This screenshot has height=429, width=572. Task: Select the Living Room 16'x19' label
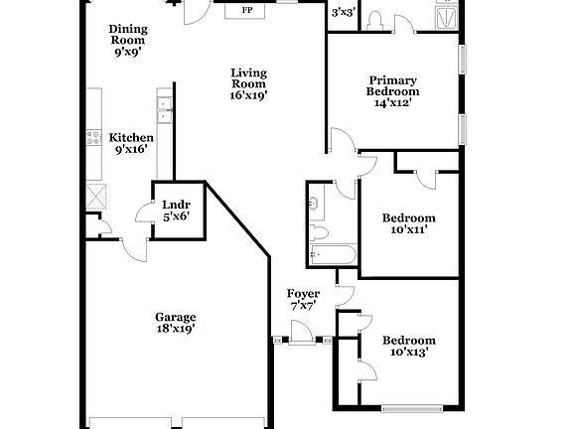(249, 83)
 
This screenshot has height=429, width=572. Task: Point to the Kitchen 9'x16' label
(131, 144)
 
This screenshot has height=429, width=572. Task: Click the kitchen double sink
(164, 111)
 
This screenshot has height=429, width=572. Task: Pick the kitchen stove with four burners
(94, 138)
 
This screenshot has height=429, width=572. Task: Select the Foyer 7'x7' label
(303, 300)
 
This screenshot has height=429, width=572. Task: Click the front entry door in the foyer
(301, 341)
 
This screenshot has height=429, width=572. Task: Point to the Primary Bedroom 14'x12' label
(393, 90)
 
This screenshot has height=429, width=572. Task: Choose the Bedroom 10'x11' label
(409, 223)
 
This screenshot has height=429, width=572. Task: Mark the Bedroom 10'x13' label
(409, 346)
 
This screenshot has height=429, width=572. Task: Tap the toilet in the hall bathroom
(318, 232)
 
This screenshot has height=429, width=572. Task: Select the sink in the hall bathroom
(315, 205)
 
